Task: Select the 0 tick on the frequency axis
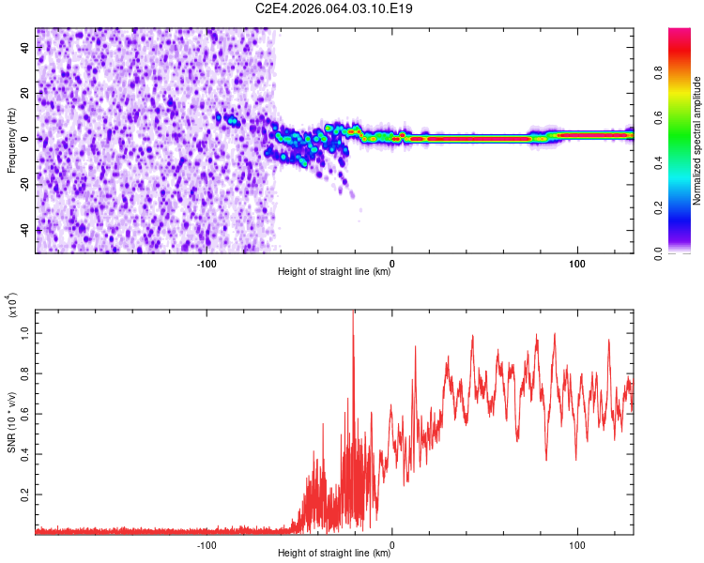pos(27,139)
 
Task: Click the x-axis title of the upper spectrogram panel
pos(334,273)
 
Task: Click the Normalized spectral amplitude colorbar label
pos(697,141)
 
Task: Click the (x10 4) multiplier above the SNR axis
pos(13,306)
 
